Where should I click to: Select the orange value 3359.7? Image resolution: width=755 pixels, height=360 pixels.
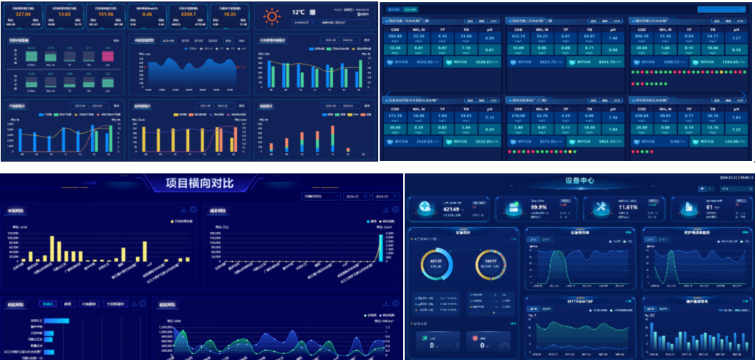[x=188, y=13]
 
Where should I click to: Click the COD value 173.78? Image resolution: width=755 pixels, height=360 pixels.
[x=395, y=115]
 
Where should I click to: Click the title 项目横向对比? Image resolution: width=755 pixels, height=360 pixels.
[x=200, y=184]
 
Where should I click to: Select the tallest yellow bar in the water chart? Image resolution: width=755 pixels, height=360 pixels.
[x=52, y=248]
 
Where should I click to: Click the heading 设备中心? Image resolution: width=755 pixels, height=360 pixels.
[x=579, y=181]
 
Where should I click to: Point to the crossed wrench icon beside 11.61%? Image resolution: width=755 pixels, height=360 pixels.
[x=599, y=209]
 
